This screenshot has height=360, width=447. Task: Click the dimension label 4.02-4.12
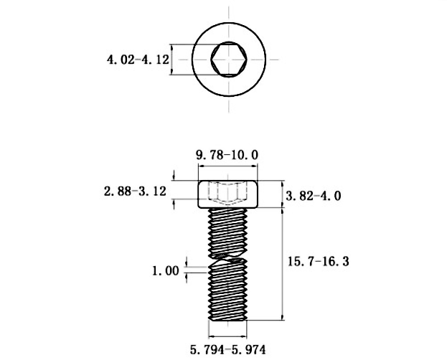[x=137, y=60]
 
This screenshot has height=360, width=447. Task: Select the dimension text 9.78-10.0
[x=227, y=153]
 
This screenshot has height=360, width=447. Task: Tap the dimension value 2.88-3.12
[x=136, y=191]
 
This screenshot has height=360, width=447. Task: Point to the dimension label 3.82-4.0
[x=314, y=196]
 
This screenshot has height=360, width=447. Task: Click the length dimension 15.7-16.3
[x=319, y=262]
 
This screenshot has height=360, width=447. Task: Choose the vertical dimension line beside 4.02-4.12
[x=173, y=60]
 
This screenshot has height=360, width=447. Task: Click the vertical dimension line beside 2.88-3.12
[x=175, y=191]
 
